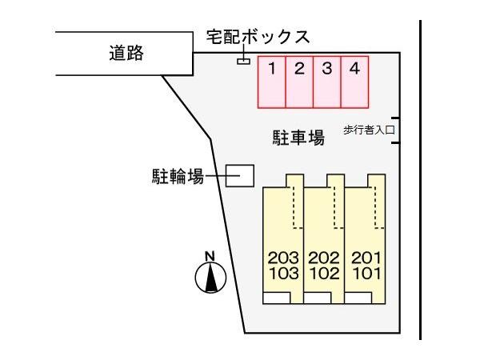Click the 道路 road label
tap(126, 54)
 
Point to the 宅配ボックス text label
tap(257, 37)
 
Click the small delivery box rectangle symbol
tap(243, 62)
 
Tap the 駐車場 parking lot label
tap(298, 138)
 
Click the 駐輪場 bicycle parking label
tap(178, 176)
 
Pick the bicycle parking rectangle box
tap(239, 176)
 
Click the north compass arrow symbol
tap(211, 278)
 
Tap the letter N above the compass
tap(211, 256)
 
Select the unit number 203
tap(283, 259)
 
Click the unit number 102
tap(324, 273)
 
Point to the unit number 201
tap(366, 259)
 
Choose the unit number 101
tap(366, 273)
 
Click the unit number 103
tap(283, 273)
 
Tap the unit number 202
tap(324, 259)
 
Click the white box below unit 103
tap(278, 298)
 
